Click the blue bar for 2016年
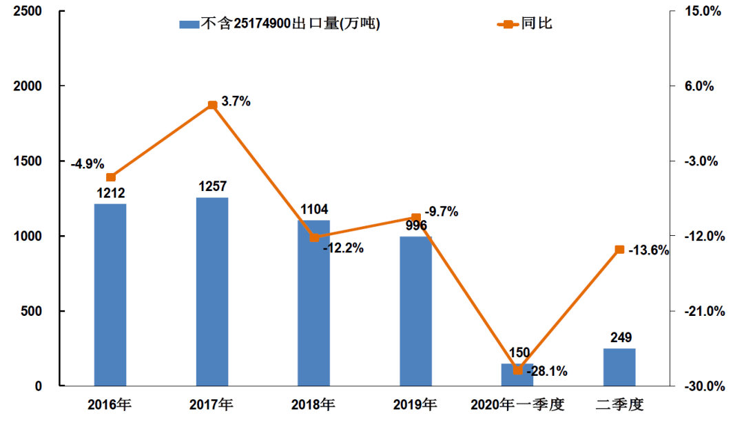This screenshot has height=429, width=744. coord(110,295)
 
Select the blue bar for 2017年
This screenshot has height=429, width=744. coord(212,291)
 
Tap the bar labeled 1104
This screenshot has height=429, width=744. coord(314,303)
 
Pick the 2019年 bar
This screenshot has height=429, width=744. coord(416,311)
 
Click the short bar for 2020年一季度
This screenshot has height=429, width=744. coord(517,375)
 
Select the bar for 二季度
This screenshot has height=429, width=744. coord(619,367)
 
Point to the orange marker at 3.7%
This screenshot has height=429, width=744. coord(212,105)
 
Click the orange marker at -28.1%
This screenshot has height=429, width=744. coord(518,370)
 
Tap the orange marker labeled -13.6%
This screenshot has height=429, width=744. coord(619,250)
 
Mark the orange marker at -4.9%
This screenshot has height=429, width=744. coord(110,177)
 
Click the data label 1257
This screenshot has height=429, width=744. coord(212,186)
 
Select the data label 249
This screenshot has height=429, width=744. coord(620,337)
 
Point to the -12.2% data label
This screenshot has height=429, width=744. coord(342,248)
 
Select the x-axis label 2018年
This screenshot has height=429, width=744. coord(313,405)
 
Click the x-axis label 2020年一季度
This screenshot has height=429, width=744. coord(517,405)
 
